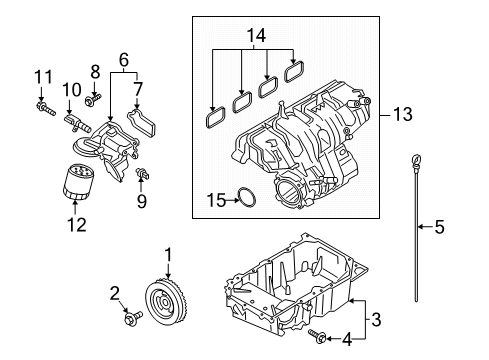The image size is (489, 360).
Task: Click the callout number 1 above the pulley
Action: pos(169,255)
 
